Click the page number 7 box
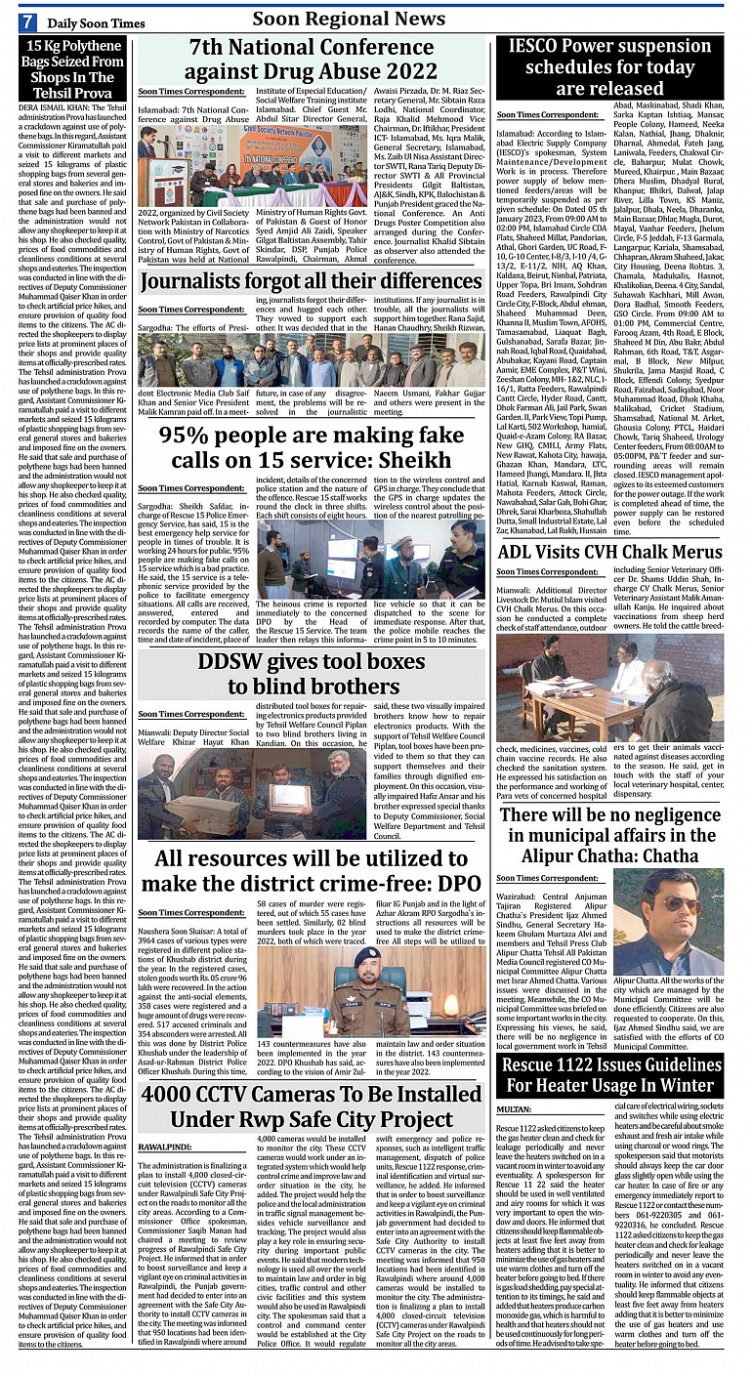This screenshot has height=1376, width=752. coord(28,21)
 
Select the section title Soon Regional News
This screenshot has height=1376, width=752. coord(349,19)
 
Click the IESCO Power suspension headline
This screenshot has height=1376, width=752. coord(608,67)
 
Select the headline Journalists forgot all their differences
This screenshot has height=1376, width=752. coord(312,283)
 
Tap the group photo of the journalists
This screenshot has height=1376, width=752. coord(312,361)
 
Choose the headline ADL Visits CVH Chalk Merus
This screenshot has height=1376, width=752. coord(608,554)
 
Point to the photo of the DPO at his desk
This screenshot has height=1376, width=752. coord(370,989)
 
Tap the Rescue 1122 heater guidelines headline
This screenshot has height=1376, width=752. coord(608,1074)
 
